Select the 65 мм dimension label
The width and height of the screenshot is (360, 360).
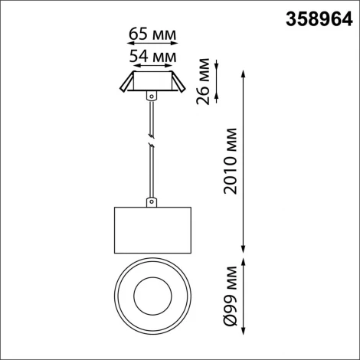(150, 35)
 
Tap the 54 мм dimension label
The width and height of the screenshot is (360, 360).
(150, 56)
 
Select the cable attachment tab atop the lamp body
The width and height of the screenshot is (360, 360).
(152, 203)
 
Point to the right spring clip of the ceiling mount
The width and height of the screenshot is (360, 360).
(178, 85)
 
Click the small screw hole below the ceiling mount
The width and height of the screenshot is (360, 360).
(152, 96)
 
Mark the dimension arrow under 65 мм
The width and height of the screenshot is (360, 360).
(150, 45)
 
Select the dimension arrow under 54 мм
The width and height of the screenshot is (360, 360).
(150, 66)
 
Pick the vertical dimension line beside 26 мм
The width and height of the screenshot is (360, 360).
(220, 80)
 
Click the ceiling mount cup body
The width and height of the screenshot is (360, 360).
(151, 83)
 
